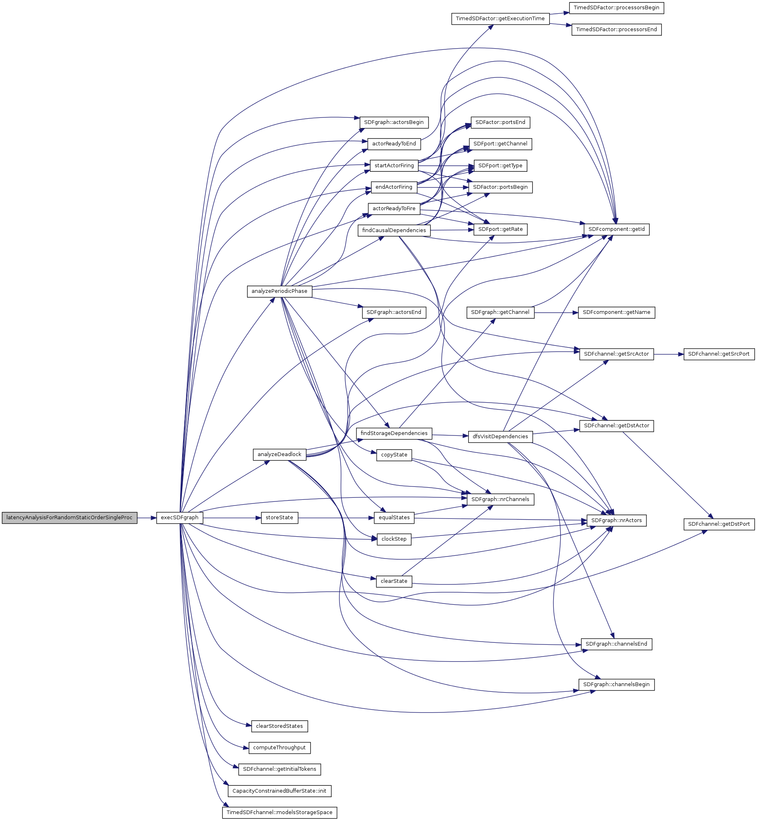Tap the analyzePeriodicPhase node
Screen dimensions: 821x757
(279, 291)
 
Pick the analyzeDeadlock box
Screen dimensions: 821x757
(279, 454)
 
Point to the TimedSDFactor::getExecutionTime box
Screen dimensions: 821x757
(500, 19)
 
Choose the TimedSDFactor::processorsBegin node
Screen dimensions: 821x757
(616, 8)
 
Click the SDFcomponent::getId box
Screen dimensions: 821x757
(616, 229)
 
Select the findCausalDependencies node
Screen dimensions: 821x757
(394, 230)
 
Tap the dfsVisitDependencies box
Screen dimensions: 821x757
(500, 437)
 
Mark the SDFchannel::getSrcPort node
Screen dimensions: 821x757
(719, 354)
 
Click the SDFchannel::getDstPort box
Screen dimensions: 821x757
(719, 524)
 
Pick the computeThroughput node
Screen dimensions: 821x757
(279, 748)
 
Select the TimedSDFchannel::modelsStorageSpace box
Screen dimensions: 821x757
(279, 812)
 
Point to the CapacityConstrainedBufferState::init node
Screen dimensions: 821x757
(279, 791)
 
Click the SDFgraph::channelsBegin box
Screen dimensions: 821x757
(616, 685)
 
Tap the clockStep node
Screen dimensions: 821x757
(394, 539)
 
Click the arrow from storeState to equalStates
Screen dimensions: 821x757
(336, 518)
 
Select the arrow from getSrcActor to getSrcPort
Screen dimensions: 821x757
(668, 354)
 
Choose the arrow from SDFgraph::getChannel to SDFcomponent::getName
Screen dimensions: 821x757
(556, 313)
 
